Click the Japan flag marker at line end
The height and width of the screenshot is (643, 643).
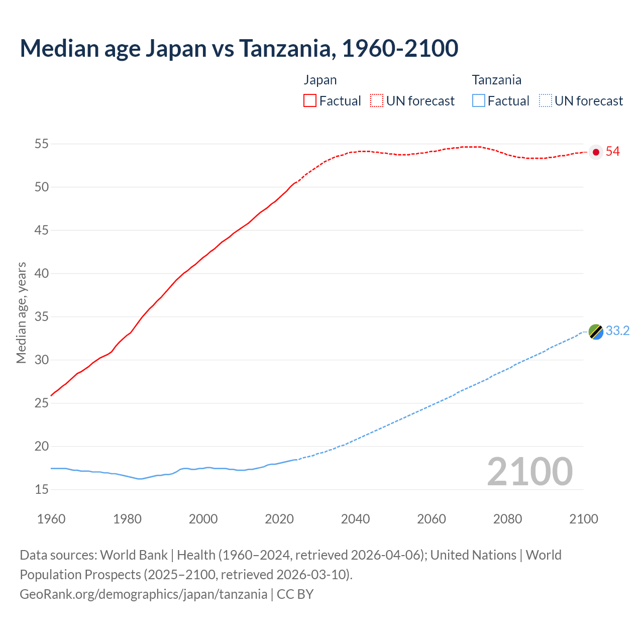596,152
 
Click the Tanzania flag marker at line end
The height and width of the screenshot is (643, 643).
596,332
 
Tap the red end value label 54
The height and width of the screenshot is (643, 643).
613,152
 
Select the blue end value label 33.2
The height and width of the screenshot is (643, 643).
617,331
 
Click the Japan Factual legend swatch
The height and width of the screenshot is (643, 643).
310,101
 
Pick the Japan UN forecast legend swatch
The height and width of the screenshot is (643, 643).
377,101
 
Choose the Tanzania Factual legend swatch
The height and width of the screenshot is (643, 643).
479,101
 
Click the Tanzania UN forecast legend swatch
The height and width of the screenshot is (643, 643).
546,101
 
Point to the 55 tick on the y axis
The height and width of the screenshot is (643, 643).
41,144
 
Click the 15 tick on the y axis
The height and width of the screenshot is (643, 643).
41,489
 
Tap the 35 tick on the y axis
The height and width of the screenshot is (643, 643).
41,317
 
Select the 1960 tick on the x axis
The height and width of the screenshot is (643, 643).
51,519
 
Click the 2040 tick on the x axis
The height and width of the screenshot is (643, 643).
355,519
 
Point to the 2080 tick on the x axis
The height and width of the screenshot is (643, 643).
507,519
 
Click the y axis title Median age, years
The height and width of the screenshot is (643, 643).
21,312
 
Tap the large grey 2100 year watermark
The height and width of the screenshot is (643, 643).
529,472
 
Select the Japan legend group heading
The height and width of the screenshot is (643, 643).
320,80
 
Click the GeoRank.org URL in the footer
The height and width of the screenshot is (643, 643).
143,594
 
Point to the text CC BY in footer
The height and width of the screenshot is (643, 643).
295,594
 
